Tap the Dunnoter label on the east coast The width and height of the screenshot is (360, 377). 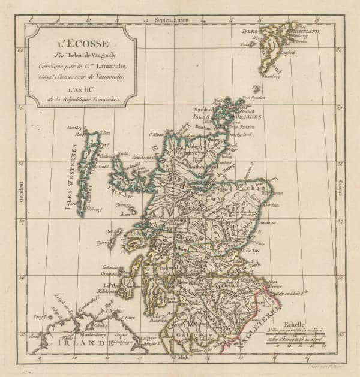[267, 222]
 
